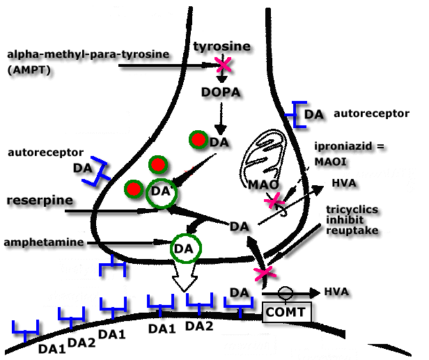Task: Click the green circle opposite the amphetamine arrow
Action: pos(185,247)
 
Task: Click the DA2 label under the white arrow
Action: pos(200,327)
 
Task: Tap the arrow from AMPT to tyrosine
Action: pos(167,66)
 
